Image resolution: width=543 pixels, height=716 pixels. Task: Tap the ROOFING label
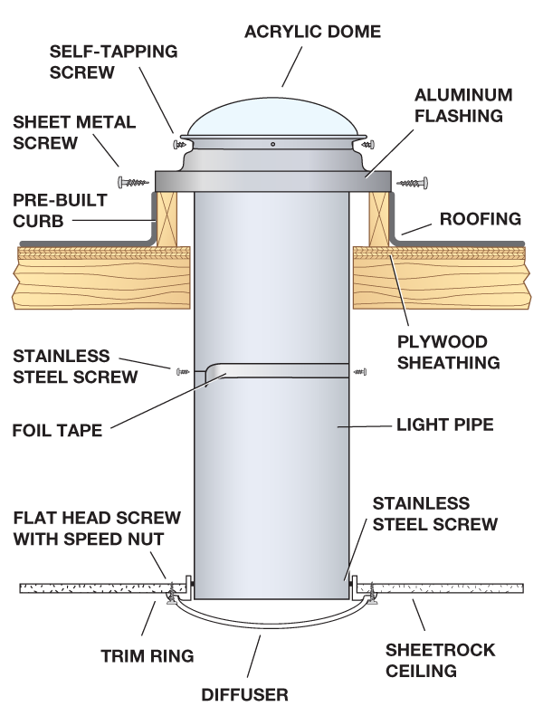(x=481, y=218)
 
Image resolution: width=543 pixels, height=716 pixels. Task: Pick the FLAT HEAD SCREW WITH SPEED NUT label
(x=98, y=530)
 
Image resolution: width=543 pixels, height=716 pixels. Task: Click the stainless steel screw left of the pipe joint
(x=185, y=370)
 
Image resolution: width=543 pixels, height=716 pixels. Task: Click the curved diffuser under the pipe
(x=271, y=624)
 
